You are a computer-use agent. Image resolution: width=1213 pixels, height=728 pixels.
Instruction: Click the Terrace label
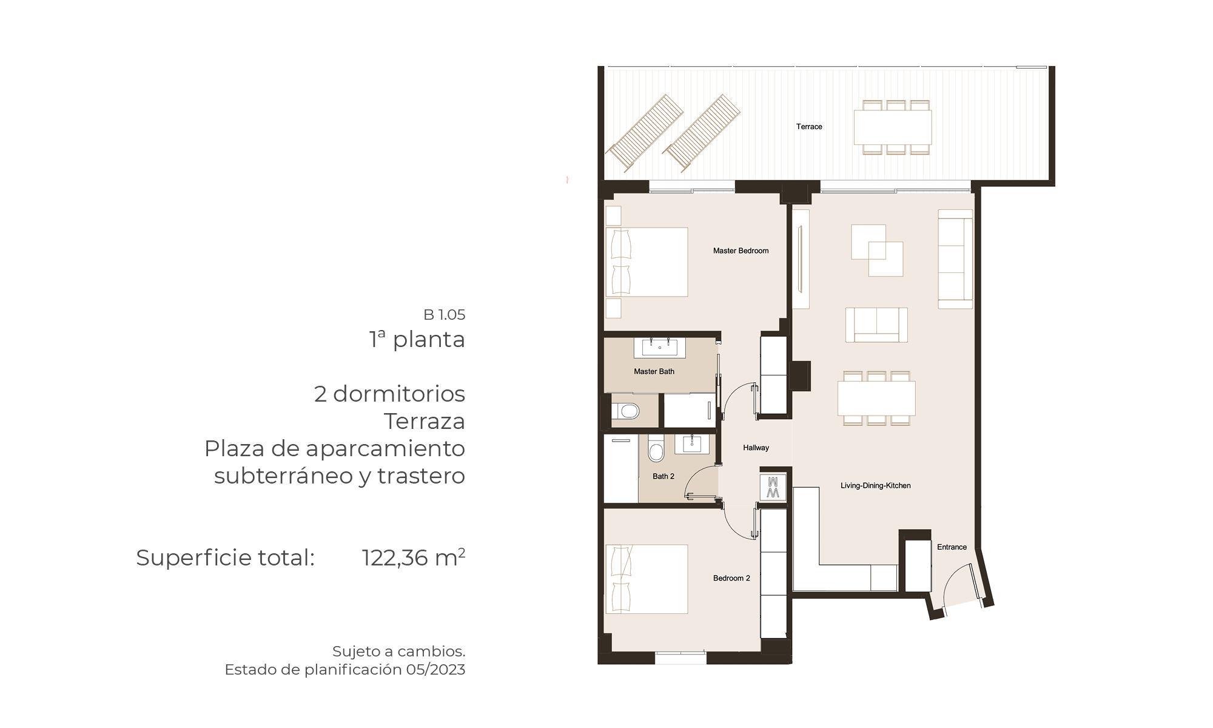click(809, 127)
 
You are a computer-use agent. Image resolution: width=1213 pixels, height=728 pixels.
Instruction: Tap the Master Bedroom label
click(741, 251)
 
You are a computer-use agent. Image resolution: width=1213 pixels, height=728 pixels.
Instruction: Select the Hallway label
click(756, 448)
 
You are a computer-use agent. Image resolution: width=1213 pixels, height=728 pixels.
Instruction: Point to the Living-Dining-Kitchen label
click(875, 485)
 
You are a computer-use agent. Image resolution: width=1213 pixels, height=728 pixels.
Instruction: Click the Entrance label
click(952, 547)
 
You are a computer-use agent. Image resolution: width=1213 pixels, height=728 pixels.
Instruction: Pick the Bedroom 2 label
click(731, 578)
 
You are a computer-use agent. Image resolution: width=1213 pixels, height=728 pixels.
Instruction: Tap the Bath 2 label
click(664, 476)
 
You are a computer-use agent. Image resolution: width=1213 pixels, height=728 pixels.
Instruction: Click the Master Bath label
click(654, 371)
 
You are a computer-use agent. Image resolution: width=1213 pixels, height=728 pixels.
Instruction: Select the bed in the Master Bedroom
click(647, 262)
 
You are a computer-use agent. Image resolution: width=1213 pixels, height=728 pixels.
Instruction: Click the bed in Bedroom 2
click(647, 579)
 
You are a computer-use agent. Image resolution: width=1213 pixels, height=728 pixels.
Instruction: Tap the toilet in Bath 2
click(656, 448)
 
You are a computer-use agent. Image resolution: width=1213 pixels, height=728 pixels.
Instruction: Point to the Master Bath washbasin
click(660, 348)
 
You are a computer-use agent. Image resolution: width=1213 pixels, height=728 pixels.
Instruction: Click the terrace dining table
click(893, 127)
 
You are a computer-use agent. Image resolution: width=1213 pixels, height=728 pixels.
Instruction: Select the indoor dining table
click(876, 398)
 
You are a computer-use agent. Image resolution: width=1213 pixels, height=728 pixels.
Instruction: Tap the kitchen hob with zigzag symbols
click(773, 487)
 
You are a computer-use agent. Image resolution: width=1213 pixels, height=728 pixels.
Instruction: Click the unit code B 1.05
click(445, 315)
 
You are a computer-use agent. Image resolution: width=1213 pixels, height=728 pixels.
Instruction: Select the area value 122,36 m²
click(414, 558)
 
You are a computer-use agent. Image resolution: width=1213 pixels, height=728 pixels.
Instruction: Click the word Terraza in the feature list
click(425, 421)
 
